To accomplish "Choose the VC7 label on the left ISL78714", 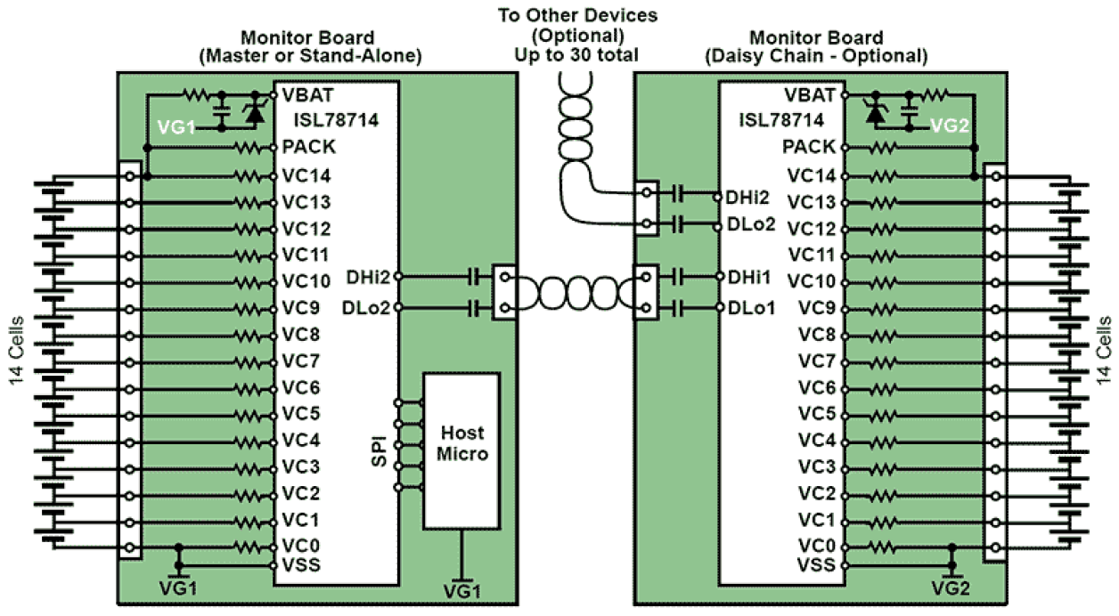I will coord(300,361).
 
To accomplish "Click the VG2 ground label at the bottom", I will coord(950,588).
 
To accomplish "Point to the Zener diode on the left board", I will coord(257,112).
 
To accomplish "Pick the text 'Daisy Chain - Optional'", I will coord(816,56).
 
